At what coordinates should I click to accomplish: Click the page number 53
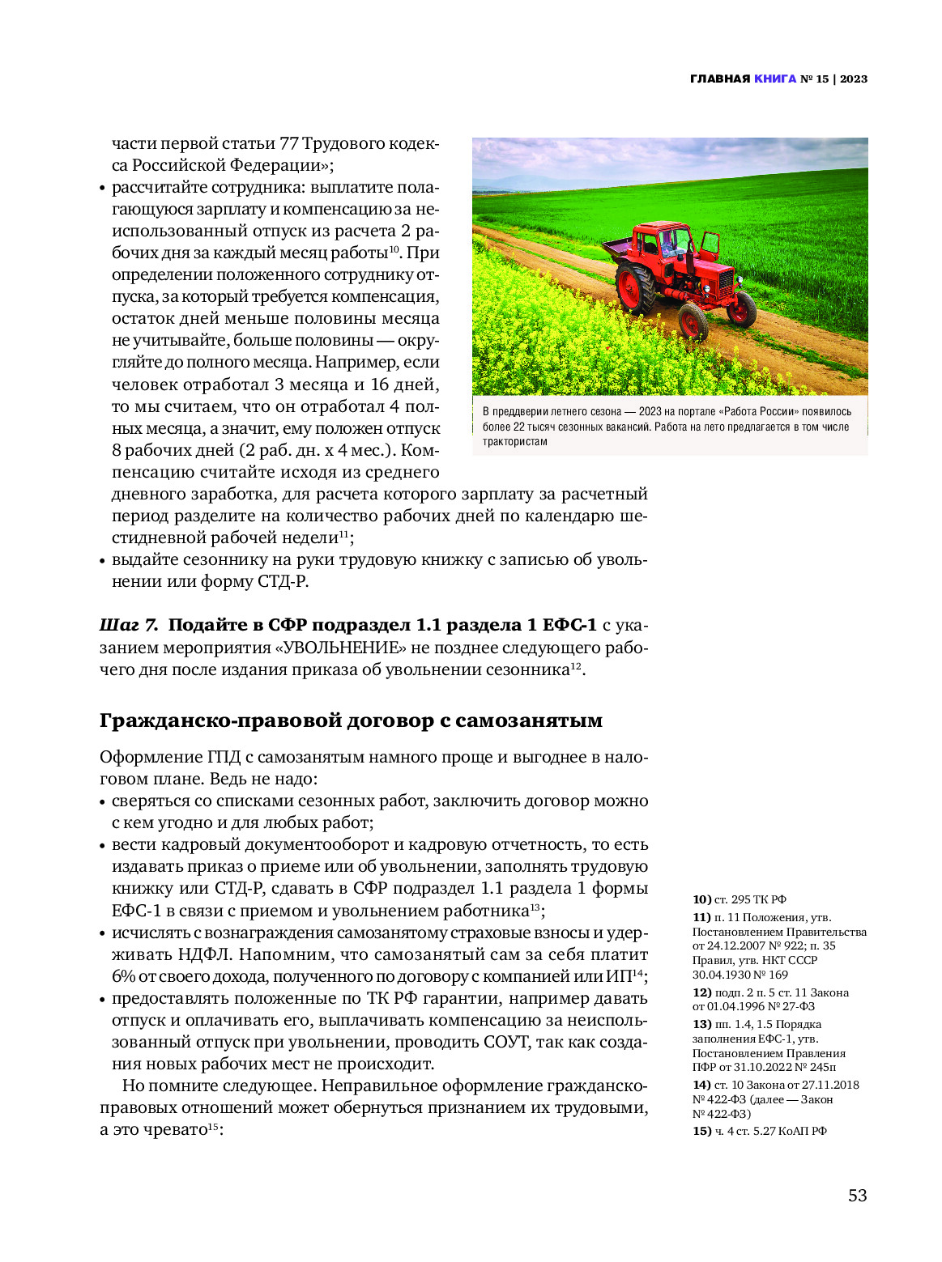[x=857, y=1196]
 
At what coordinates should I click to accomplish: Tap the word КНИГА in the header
[x=775, y=79]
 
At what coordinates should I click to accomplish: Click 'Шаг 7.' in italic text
[x=129, y=625]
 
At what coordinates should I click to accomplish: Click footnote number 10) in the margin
[x=701, y=899]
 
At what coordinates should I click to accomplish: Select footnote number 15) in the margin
[x=701, y=1131]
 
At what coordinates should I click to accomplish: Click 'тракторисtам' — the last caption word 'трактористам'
[x=515, y=442]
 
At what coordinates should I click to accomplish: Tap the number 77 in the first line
[x=289, y=143]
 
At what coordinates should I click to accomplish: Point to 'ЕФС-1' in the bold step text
[x=569, y=625]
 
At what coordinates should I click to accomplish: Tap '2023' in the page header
[x=854, y=79]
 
